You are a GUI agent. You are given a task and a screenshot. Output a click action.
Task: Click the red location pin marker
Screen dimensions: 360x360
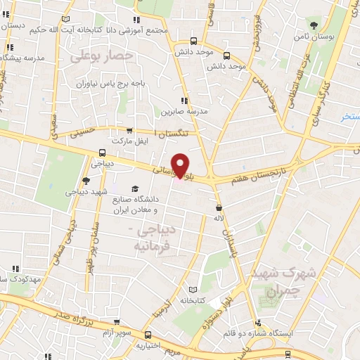coord(181,165)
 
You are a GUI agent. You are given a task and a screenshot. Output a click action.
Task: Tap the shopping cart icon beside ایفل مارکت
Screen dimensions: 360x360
coord(129,130)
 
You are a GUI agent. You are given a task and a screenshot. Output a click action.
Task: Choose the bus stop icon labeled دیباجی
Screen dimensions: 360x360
coord(103,153)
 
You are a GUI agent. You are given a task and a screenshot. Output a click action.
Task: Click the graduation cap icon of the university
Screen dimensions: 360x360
coord(135,189)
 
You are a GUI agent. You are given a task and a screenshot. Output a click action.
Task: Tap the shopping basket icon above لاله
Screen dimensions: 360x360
coord(220,207)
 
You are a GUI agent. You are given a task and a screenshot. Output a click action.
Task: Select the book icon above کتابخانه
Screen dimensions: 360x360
coord(193,289)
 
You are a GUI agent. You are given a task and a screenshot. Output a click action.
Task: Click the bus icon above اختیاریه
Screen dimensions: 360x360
coord(148,336)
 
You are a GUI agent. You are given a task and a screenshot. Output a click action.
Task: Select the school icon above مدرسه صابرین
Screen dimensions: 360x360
coord(184,101)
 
